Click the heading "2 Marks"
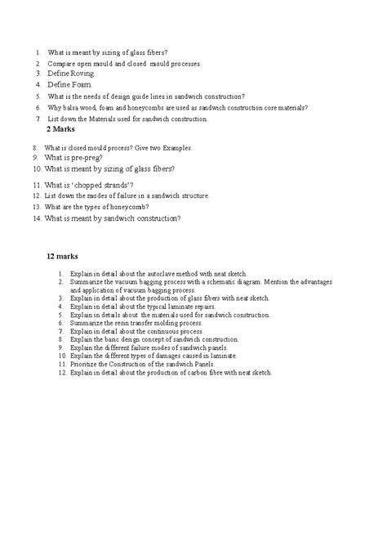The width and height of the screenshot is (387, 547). point(61,130)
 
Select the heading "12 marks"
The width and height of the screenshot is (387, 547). point(62,256)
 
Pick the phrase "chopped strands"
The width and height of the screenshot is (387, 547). point(102,185)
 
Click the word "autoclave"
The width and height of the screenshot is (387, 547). point(161,273)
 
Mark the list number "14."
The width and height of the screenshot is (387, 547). point(37,218)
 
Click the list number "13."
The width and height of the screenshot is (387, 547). point(37,207)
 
